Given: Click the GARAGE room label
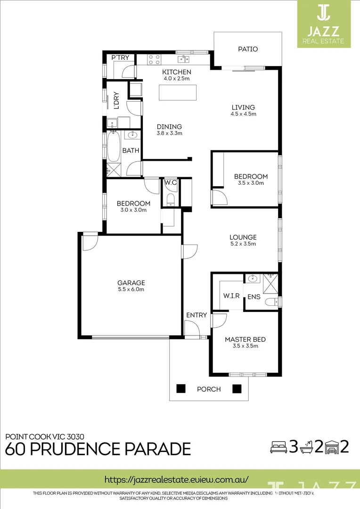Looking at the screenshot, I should pos(131,283).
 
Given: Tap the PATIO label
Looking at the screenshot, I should pos(248,49).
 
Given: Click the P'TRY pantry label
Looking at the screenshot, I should pos(120,57).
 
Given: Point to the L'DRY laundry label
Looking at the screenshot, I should pos(116,101).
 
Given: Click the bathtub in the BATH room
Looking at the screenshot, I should pos(114,147).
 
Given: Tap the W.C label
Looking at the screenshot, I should pos(170,183).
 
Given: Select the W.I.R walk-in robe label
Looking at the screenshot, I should pos(231,296).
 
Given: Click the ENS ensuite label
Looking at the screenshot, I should pos(254,297).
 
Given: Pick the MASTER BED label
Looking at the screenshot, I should pos(245,339).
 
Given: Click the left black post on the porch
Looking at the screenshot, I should pos(180,389).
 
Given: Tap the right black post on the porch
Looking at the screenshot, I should pos(237,389).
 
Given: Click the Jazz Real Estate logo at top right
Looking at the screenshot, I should pos(324,24).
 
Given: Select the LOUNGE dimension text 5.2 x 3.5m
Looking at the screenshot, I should pos(243,244).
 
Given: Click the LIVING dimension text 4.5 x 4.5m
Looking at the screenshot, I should pos(243,114).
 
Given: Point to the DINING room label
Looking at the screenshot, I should pos(169,126).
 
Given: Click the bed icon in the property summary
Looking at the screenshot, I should pos(278,447).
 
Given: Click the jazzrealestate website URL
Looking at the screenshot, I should pos(176,479).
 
